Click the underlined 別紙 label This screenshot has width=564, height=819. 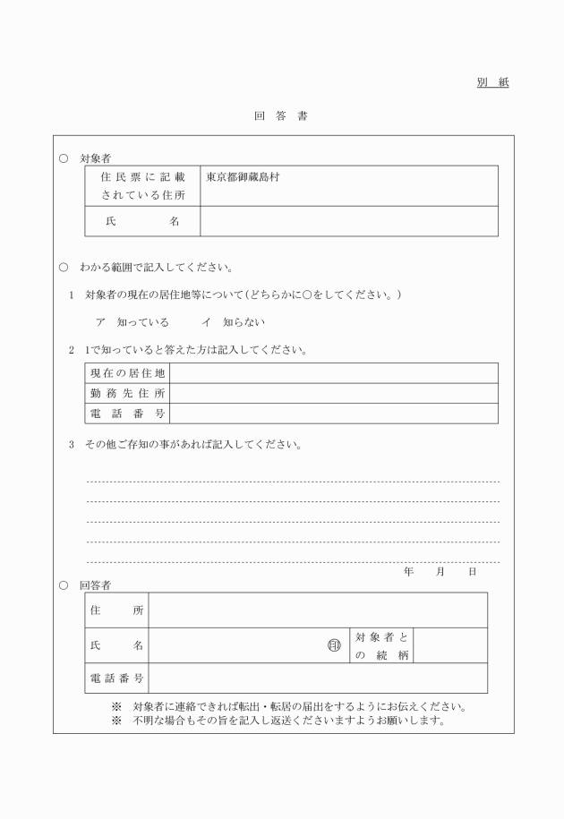[x=491, y=83]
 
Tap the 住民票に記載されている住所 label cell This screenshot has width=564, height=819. [x=142, y=186]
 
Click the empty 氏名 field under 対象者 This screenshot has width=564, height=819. [x=348, y=221]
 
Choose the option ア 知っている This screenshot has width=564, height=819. [x=132, y=322]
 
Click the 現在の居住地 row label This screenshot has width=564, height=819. [x=127, y=373]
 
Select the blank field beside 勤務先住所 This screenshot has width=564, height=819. [x=333, y=393]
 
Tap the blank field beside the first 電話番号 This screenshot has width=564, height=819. [x=333, y=413]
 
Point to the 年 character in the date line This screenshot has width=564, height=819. [x=408, y=571]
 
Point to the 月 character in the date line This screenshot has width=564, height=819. [x=440, y=571]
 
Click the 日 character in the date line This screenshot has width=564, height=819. [x=472, y=571]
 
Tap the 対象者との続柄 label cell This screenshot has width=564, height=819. [x=381, y=645]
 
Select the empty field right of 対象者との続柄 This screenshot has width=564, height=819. [x=450, y=645]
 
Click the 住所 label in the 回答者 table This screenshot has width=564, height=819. [x=116, y=610]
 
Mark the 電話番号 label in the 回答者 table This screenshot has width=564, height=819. [x=116, y=678]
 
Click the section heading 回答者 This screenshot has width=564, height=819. [x=95, y=584]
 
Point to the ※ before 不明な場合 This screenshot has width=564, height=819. [x=116, y=720]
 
